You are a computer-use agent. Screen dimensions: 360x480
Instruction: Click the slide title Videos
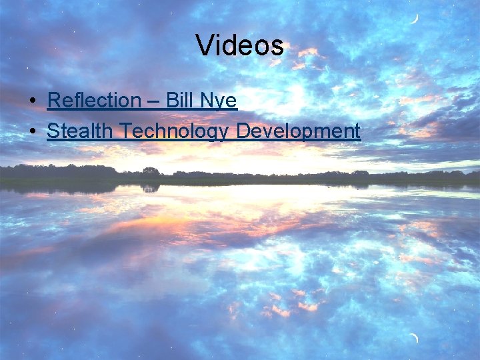click(240, 45)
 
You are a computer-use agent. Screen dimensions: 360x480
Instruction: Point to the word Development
click(299, 131)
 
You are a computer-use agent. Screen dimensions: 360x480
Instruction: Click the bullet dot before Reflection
click(33, 101)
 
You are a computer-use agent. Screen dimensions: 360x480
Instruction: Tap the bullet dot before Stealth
click(33, 131)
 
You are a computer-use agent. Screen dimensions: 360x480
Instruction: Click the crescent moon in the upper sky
click(415, 18)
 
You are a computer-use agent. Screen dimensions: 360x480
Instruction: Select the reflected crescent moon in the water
click(415, 339)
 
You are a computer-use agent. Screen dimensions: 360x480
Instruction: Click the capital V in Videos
click(205, 45)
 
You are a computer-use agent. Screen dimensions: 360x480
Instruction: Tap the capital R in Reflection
click(55, 101)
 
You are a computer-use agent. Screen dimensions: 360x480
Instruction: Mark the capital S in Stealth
click(53, 131)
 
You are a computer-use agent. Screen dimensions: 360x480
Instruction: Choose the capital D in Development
click(244, 131)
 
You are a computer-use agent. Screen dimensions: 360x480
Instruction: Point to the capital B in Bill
click(171, 101)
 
